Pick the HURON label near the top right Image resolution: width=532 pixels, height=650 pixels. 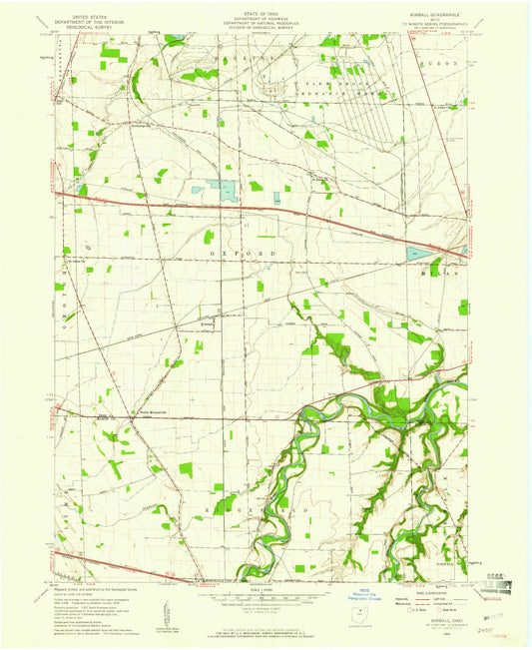coord(446,62)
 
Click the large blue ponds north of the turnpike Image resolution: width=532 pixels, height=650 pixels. coord(225,190)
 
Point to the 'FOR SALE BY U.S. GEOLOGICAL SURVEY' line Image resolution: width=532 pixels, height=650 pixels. coord(266,629)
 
